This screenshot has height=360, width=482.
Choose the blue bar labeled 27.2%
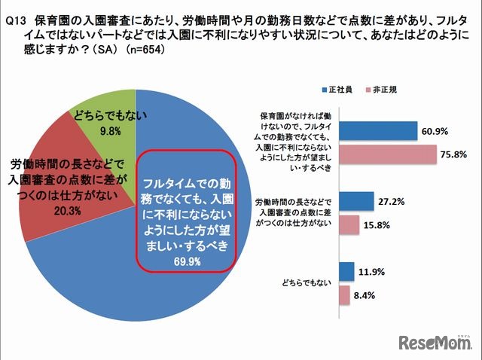point(357,201)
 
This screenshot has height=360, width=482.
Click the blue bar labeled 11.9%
point(347,271)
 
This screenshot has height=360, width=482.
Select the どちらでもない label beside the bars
point(305,282)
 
